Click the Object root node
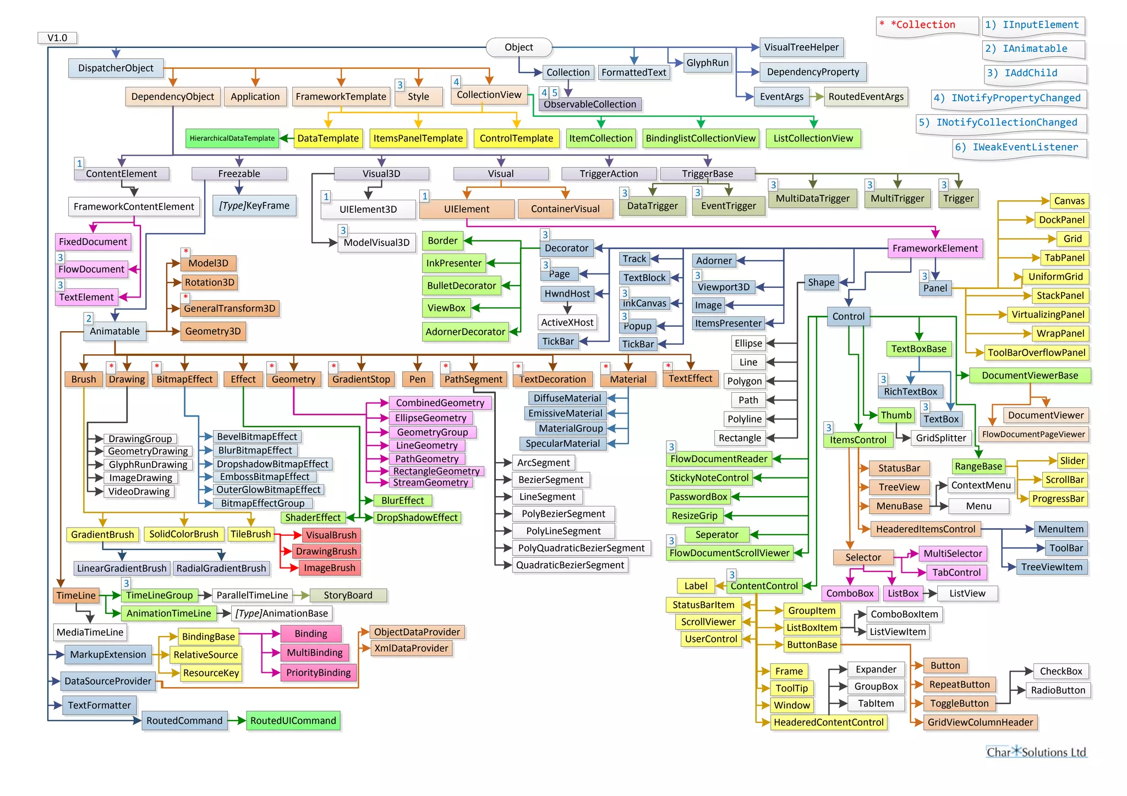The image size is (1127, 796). click(x=518, y=47)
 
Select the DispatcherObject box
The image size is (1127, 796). click(x=116, y=68)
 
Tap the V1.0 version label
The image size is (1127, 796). click(x=57, y=38)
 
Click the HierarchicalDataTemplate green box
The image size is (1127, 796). click(x=232, y=138)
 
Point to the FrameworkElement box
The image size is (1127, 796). click(x=934, y=248)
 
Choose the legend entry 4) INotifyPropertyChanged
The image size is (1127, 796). click(x=1009, y=98)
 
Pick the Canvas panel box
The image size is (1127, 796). click(x=1069, y=201)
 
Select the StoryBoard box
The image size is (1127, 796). click(x=348, y=595)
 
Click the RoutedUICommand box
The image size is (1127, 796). click(x=293, y=721)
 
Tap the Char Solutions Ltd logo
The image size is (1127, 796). click(x=1036, y=752)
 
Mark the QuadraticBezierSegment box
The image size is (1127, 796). click(x=570, y=565)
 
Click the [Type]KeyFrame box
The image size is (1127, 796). click(x=254, y=206)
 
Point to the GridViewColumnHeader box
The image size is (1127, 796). click(x=980, y=722)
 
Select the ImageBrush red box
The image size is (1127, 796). click(x=330, y=568)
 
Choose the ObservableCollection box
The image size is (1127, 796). click(x=589, y=105)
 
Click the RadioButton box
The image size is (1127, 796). click(x=1058, y=690)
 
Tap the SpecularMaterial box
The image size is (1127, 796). click(x=562, y=443)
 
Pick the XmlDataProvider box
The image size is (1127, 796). click(x=411, y=649)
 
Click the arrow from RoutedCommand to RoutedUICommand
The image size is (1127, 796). click(x=237, y=721)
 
